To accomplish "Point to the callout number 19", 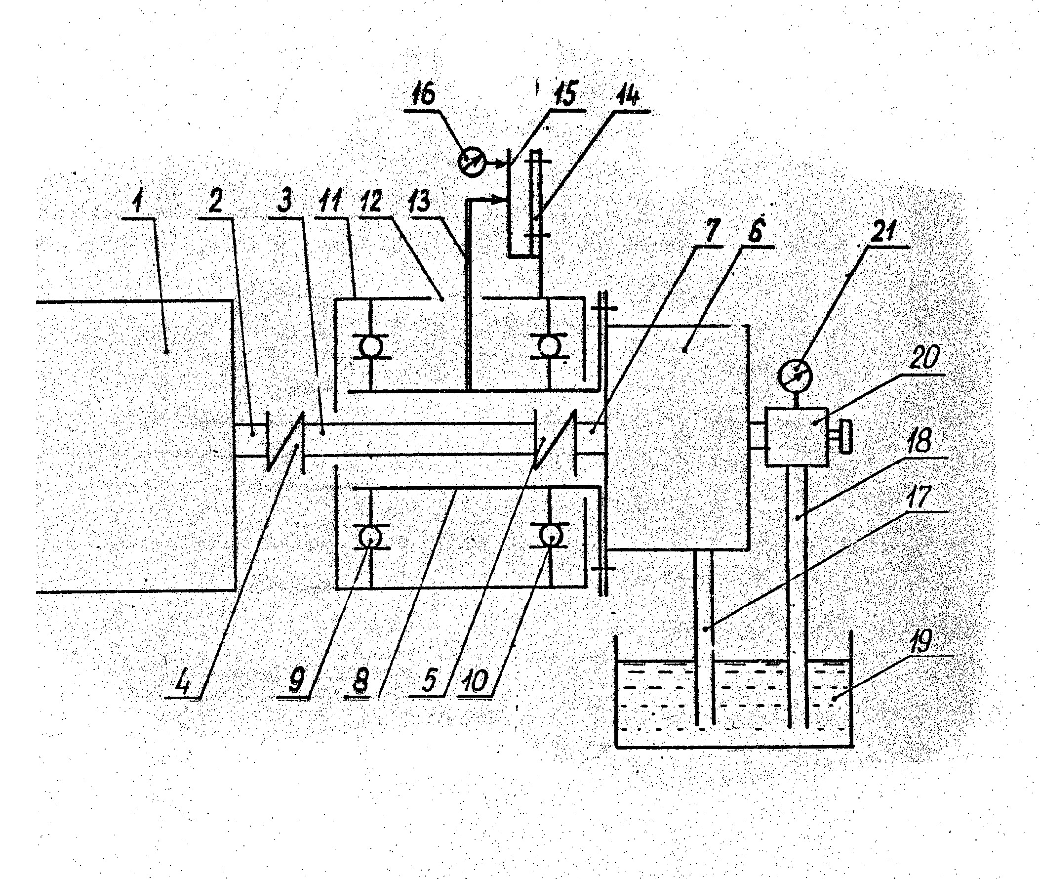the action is coord(920,642).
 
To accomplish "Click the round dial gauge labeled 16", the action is coord(471,163).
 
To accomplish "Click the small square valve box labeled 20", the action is coord(796,437).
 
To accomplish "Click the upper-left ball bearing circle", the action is coord(370,346).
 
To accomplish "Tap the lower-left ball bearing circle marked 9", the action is coord(370,537).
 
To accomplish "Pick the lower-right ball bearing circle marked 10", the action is coord(550,536).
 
